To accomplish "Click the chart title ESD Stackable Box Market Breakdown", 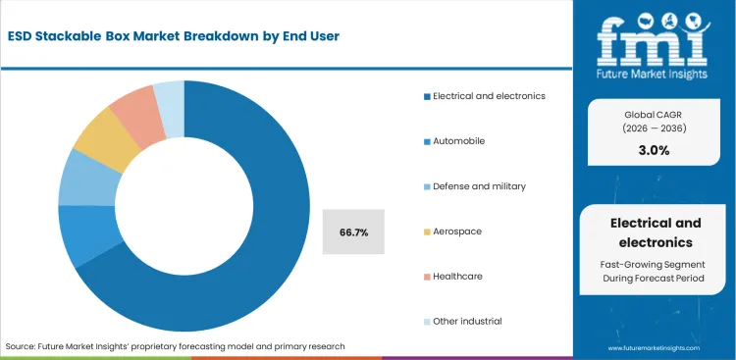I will coord(176,36).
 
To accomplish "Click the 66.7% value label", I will coord(354,232).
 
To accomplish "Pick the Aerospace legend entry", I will coord(457,231).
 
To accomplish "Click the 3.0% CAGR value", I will coord(653,151).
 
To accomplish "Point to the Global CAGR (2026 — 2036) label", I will coord(653,121).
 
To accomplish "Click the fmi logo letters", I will coord(653,36).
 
